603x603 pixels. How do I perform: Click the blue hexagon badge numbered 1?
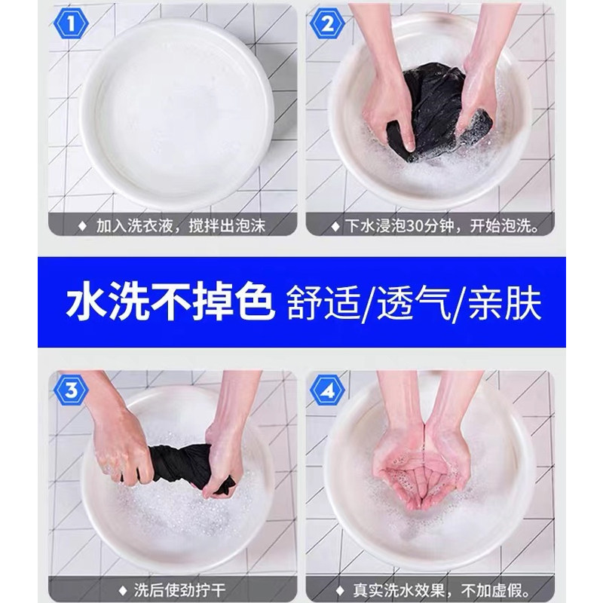click(71, 24)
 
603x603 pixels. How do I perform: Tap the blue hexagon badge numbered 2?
click(328, 24)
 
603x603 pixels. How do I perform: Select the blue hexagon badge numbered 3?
click(71, 390)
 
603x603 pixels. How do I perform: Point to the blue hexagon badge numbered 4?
click(328, 390)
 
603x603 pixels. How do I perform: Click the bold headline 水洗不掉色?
click(170, 302)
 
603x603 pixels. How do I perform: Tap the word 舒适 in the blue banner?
click(323, 303)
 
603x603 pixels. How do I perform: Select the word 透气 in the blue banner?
click(414, 303)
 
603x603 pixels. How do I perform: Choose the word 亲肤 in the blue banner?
click(505, 303)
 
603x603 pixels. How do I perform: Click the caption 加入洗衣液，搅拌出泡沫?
click(181, 225)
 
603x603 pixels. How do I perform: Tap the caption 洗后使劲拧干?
click(179, 589)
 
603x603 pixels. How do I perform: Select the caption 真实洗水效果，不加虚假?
click(442, 589)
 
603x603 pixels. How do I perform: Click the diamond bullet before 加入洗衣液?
click(82, 226)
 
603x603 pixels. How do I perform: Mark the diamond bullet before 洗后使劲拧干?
click(122, 590)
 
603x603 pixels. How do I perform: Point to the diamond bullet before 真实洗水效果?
click(340, 590)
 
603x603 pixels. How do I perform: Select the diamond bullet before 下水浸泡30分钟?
click(335, 227)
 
